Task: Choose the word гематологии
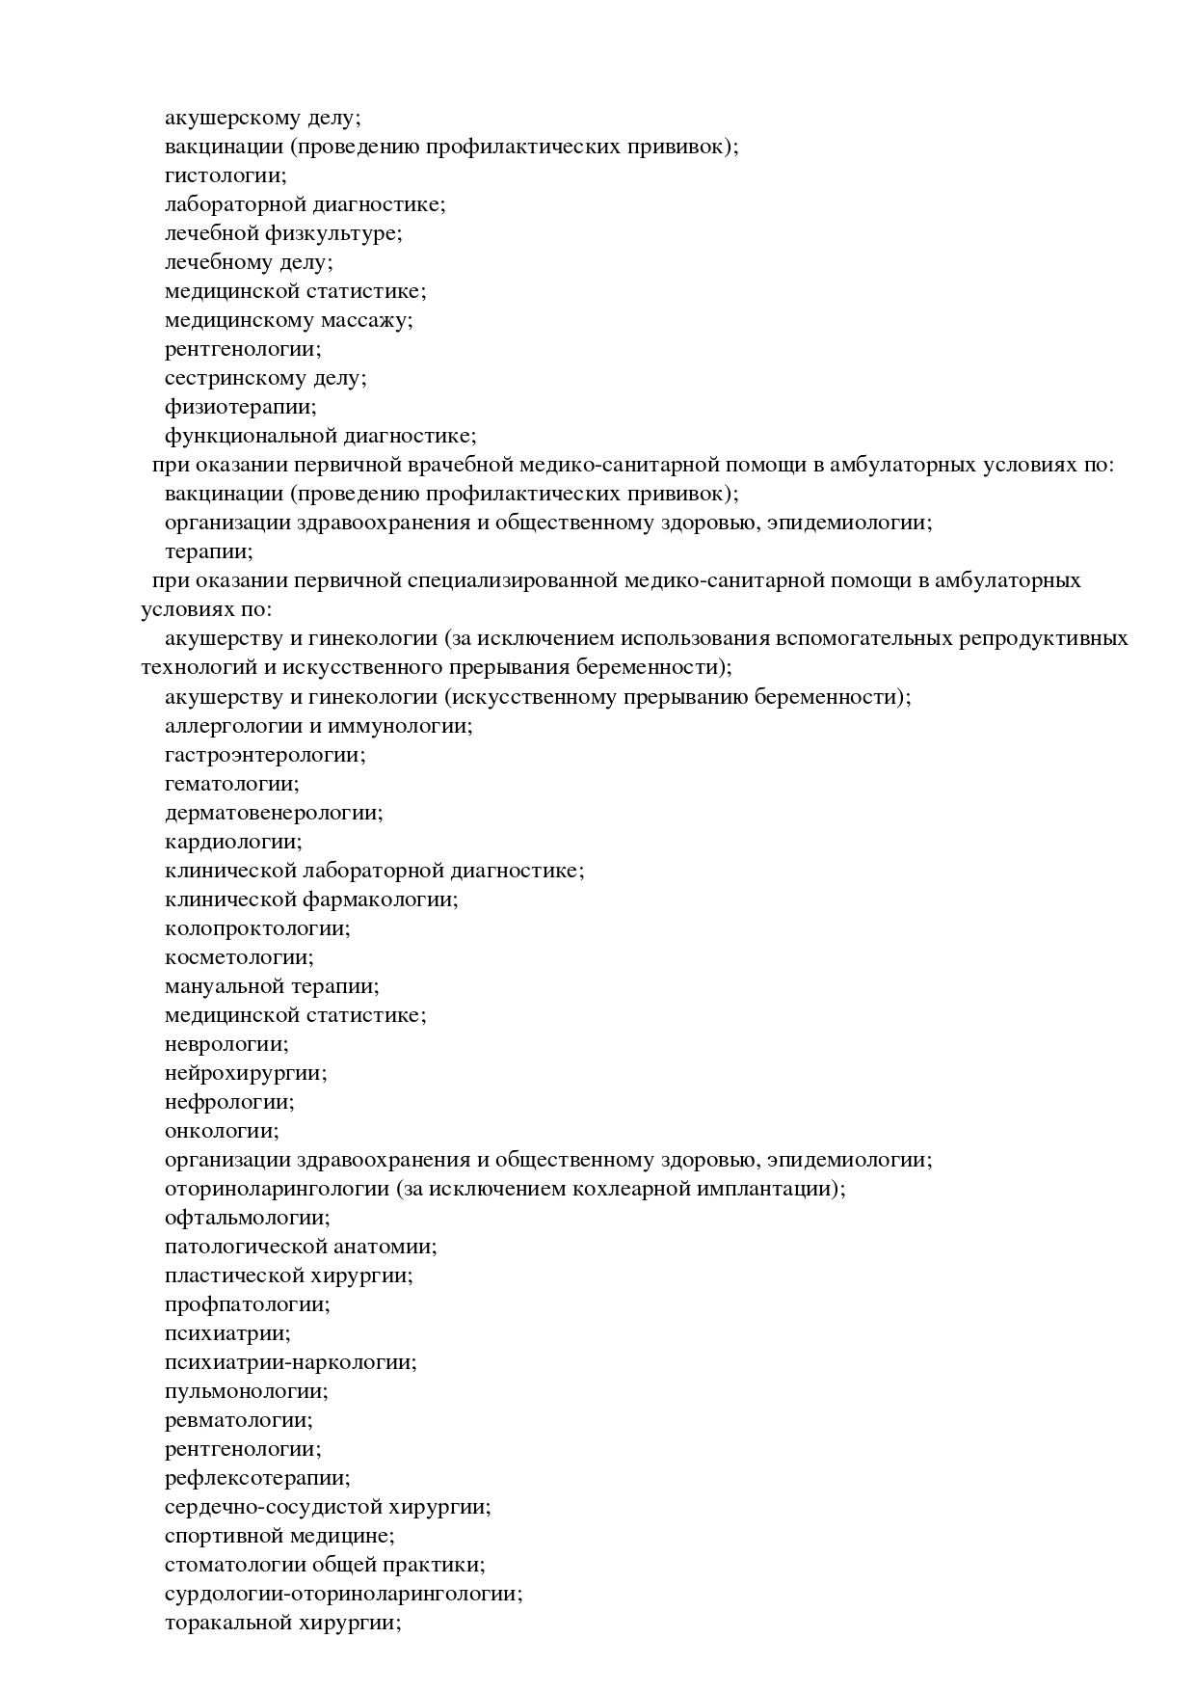(x=230, y=784)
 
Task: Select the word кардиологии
(x=231, y=842)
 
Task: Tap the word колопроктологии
(x=255, y=928)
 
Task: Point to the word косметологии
(x=238, y=957)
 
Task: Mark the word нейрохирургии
(x=244, y=1073)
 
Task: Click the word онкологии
(x=220, y=1131)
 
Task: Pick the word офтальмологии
(x=246, y=1218)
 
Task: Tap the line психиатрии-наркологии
(x=289, y=1362)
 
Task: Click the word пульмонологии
(x=245, y=1391)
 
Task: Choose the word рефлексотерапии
(x=256, y=1478)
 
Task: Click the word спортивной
(x=227, y=1536)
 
